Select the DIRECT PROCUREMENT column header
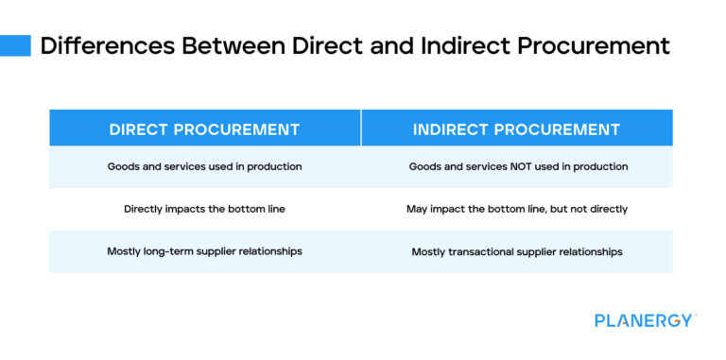pos(204,129)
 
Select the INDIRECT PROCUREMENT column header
pos(516,129)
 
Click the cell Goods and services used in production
pos(204,166)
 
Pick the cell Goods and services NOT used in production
pos(517,166)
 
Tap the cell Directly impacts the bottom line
pos(204,208)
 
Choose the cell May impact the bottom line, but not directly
pos(517,208)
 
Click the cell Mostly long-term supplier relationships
pos(204,251)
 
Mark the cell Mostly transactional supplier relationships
pos(517,251)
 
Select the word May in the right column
pos(417,208)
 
